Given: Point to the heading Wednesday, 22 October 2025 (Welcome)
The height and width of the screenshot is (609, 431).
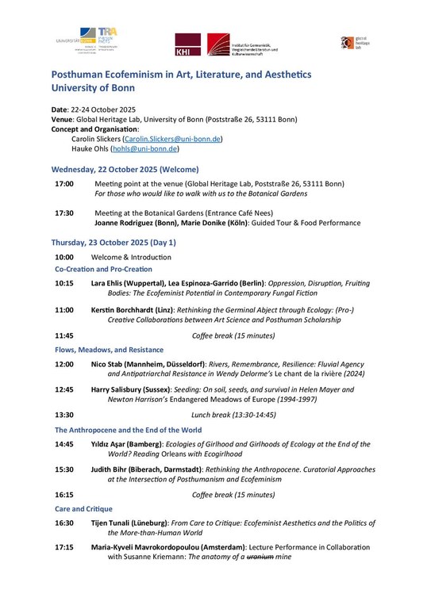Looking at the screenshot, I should click(x=125, y=170).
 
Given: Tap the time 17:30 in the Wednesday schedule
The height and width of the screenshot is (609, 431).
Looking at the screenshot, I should click(x=64, y=213).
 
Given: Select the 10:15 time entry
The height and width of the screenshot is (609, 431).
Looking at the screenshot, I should click(x=64, y=283).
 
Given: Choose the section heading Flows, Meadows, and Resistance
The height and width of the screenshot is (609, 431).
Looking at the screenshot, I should click(x=109, y=350).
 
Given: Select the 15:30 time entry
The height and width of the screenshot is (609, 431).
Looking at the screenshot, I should click(x=64, y=469).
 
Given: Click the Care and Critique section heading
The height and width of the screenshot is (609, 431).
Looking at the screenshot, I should click(x=83, y=508).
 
